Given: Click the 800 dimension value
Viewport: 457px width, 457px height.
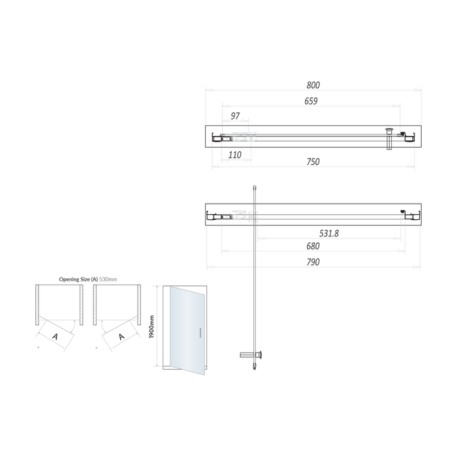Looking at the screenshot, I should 313,86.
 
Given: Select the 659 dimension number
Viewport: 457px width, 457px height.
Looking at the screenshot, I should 311,101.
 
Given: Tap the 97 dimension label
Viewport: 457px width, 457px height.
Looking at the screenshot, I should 235,116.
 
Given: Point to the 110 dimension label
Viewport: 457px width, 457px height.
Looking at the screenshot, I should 234,155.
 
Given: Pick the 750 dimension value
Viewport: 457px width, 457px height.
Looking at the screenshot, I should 313,162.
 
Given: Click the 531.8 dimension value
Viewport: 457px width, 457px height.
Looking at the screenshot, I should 328,233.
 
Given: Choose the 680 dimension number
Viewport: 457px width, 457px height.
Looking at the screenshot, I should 313,247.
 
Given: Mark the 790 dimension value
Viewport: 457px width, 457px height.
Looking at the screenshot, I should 313,262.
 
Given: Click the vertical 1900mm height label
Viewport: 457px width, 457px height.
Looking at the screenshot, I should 151,326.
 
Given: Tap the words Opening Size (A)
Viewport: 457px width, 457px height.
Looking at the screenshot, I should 78,279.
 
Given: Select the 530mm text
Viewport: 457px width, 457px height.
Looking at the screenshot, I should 108,279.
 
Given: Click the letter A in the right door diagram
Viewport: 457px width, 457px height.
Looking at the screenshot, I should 121,337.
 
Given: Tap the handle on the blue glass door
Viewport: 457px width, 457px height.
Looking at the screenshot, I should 200,333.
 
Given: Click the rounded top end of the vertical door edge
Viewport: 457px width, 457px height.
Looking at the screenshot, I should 254,187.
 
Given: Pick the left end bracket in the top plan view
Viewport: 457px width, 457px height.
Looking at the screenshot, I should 216,137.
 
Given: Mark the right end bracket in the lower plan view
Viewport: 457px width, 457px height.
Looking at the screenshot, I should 411,215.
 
